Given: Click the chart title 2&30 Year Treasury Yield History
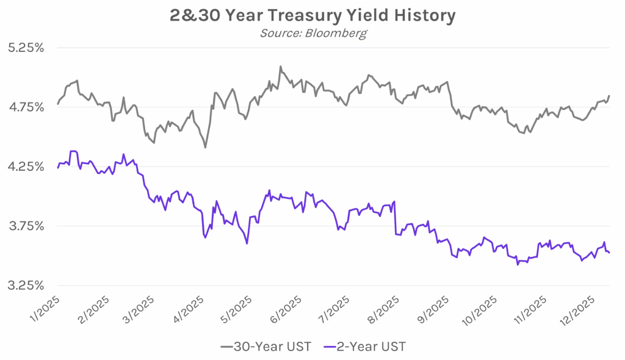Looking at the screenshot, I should point(312,15).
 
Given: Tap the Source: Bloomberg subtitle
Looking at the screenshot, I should point(313,33).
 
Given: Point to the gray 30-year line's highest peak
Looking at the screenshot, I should point(280,67).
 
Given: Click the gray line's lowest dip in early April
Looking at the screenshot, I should point(205,148).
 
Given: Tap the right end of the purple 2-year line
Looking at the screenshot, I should point(610,253).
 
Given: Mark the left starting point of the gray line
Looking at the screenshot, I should point(57,104).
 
